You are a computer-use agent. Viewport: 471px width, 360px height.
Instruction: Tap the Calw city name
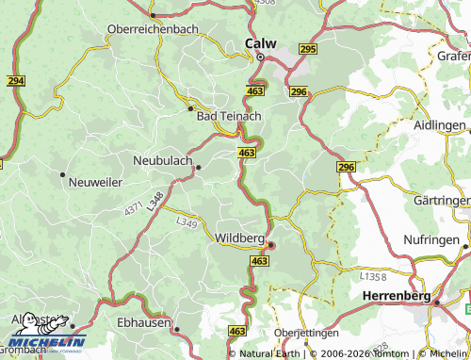pyautogui.click(x=260, y=43)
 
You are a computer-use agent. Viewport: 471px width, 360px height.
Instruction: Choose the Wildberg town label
pyautogui.click(x=240, y=237)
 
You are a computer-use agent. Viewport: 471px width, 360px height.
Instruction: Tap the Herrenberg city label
pyautogui.click(x=396, y=296)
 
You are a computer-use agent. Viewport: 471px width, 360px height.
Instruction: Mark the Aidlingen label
pyautogui.click(x=441, y=125)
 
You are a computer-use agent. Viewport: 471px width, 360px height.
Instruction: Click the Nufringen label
pyautogui.click(x=441, y=240)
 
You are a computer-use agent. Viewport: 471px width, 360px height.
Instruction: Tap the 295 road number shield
pyautogui.click(x=307, y=48)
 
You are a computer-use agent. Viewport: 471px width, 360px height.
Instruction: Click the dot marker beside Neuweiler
pyautogui.click(x=62, y=174)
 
